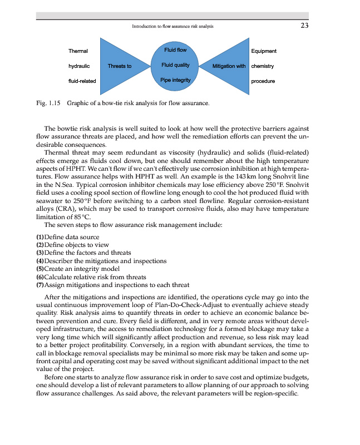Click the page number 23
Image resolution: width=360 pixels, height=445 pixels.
click(304, 25)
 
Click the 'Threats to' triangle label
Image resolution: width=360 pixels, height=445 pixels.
click(120, 66)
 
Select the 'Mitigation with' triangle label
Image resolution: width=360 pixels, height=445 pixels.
click(229, 66)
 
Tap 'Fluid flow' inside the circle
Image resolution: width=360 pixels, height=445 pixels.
click(175, 51)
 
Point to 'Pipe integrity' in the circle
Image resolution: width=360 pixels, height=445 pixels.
click(175, 81)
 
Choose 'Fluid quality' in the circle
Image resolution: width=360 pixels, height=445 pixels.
click(175, 66)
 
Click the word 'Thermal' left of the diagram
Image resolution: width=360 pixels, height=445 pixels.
click(78, 51)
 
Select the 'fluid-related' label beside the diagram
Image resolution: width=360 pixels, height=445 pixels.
click(82, 81)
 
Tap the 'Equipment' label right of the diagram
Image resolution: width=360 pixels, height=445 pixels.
click(264, 51)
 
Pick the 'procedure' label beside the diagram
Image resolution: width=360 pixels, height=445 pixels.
click(263, 81)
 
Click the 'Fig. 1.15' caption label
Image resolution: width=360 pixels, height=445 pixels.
click(47, 103)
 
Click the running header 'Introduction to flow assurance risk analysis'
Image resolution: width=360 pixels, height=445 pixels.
click(172, 26)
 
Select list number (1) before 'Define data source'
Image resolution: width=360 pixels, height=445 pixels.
click(40, 238)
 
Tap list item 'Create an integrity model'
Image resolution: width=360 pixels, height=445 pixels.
click(82, 269)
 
